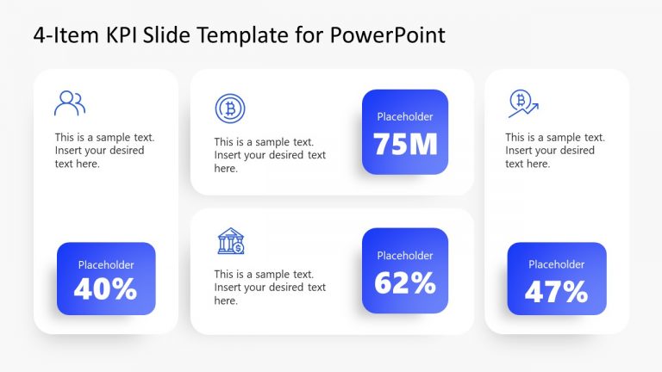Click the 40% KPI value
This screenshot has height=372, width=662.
(105, 289)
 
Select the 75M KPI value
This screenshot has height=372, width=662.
(405, 143)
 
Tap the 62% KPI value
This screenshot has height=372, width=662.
(405, 282)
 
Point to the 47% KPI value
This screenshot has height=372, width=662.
(556, 292)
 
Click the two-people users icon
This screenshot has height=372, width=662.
(70, 103)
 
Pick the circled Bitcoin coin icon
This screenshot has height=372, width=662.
(230, 108)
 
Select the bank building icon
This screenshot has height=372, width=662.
(230, 241)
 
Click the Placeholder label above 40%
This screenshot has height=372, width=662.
(106, 265)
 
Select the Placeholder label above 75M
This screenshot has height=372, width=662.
(405, 116)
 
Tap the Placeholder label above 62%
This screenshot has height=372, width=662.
(405, 255)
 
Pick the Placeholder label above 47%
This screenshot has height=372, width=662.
(556, 264)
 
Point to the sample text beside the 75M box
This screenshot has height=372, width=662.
(270, 155)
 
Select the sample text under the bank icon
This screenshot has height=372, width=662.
(270, 288)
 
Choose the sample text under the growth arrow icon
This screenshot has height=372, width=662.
(555, 151)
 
